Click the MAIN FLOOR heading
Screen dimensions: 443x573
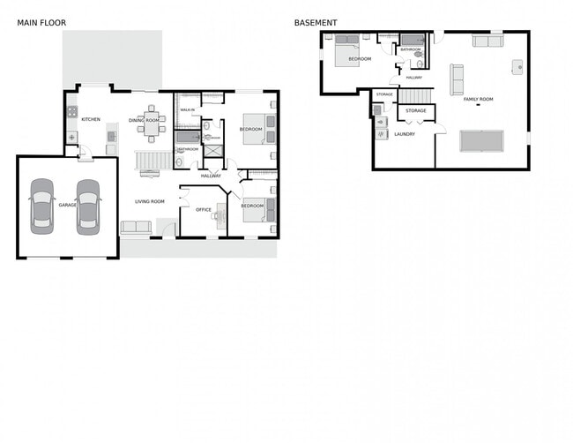[41, 23]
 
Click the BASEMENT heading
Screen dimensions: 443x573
[315, 23]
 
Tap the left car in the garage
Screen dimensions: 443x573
[41, 206]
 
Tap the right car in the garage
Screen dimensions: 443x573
[87, 206]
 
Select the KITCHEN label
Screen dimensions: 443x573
[91, 119]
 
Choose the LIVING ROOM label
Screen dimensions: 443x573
[150, 202]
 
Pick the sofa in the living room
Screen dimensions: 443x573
[136, 227]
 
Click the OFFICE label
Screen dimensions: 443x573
[204, 210]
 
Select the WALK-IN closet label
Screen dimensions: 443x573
[188, 109]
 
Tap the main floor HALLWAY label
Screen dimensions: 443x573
[211, 176]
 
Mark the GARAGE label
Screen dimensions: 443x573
[67, 205]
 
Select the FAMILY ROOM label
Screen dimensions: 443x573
[479, 99]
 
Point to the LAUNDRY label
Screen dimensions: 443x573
[405, 134]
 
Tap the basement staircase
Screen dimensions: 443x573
[421, 95]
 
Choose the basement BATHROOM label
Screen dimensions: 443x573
[411, 49]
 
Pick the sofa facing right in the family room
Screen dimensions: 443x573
[457, 79]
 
